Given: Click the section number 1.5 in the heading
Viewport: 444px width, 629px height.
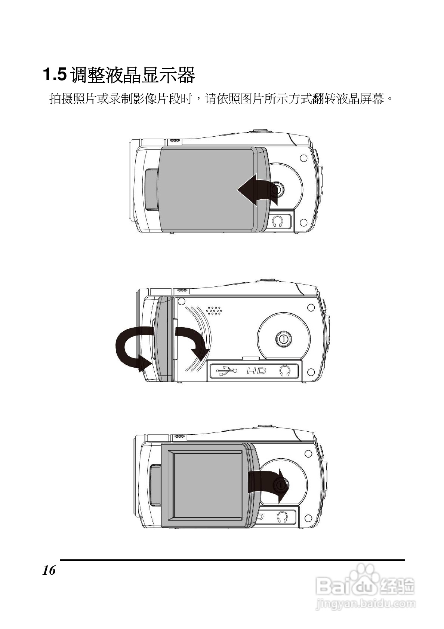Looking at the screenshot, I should click(x=55, y=75).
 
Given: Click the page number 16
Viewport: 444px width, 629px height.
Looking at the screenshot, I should click(x=49, y=570).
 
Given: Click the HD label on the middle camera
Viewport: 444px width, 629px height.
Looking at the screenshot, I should click(x=256, y=371).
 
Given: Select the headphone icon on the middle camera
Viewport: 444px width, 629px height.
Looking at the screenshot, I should click(x=285, y=371).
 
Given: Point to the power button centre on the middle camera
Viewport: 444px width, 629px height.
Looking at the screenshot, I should click(x=283, y=339).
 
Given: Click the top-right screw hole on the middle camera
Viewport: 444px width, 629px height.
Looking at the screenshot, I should click(x=310, y=308).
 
